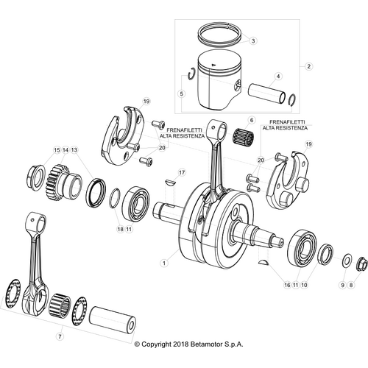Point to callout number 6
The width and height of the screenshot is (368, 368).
coord(250,120)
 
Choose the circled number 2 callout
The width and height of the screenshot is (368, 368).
coord(309,66)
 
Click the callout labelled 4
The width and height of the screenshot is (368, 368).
coord(279,76)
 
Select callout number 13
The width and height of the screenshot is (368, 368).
coord(74,150)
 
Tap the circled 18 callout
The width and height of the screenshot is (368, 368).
coord(120,230)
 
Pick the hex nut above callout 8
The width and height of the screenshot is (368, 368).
coord(362,264)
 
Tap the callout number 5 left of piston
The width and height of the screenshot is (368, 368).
coord(181,94)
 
